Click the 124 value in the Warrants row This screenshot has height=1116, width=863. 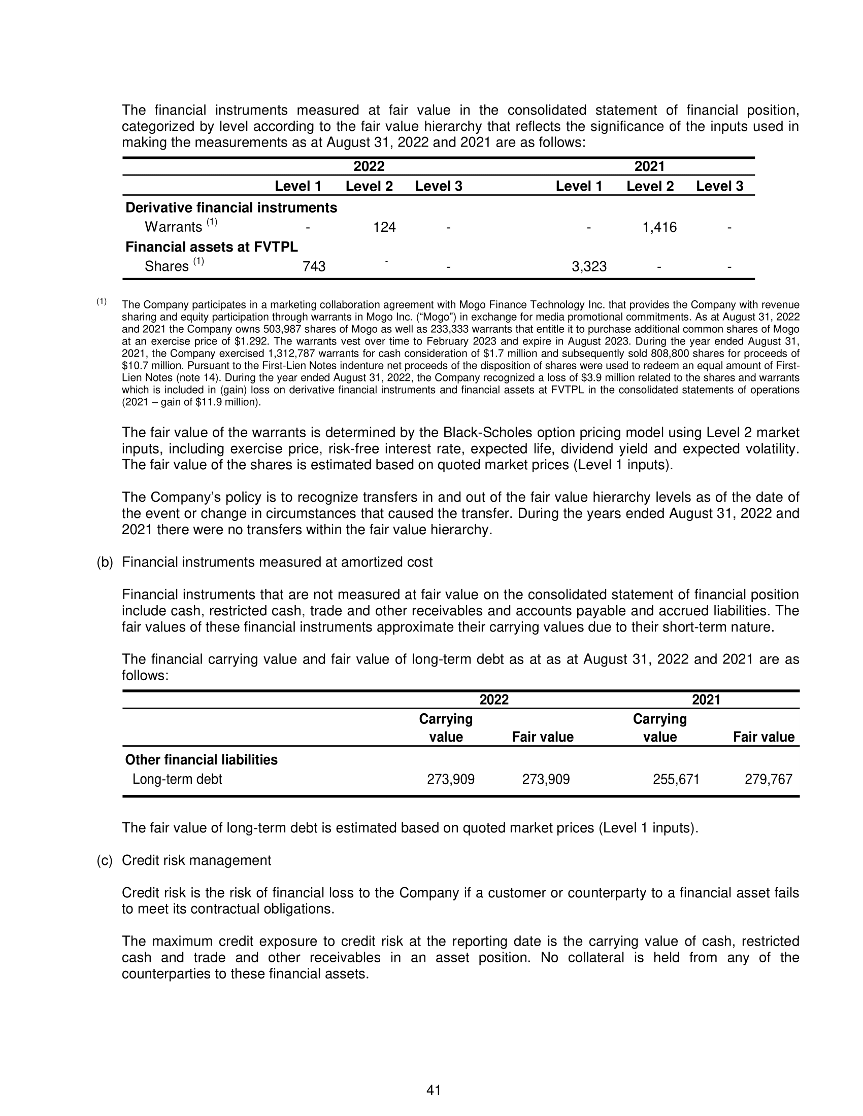(x=384, y=227)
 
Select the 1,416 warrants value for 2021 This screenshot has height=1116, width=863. (x=659, y=227)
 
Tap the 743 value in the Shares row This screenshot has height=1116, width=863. (x=314, y=266)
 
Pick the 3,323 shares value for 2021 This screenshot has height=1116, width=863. (x=589, y=266)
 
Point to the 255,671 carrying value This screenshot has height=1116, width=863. (x=676, y=779)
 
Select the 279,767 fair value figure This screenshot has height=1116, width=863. (x=769, y=779)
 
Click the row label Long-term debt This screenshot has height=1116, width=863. (x=177, y=779)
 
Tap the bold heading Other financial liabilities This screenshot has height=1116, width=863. (x=202, y=760)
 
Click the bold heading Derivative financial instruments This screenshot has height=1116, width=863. (x=231, y=207)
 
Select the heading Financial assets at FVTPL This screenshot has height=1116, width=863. (x=212, y=247)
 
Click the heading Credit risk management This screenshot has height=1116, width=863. (x=196, y=860)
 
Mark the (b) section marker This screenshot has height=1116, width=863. (x=105, y=562)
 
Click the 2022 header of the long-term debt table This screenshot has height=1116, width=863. (x=494, y=700)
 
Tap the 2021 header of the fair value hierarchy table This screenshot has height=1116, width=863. (x=649, y=166)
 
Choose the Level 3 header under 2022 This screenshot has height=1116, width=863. (x=438, y=186)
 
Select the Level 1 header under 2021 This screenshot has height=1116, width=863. (x=579, y=186)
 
